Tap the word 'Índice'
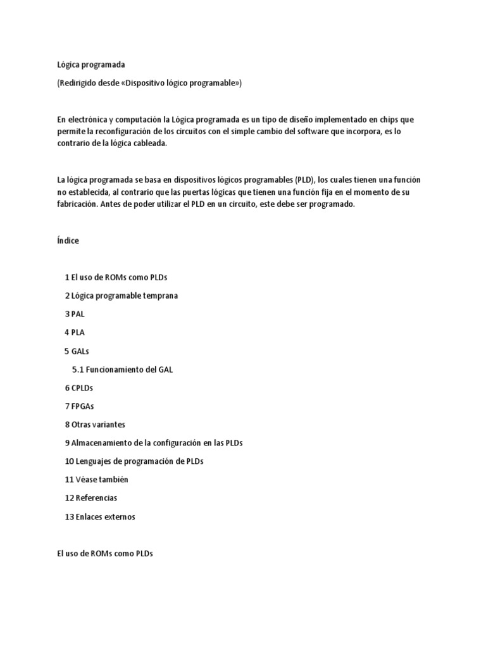coord(68,241)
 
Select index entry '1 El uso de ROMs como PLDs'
coord(116,278)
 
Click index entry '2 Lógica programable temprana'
coord(121,296)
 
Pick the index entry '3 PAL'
coord(74,315)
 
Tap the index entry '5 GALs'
coord(77,351)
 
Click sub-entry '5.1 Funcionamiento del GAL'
coord(122,370)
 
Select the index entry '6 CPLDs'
coord(78,388)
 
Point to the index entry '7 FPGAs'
coord(79,406)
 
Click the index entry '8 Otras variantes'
coord(95,425)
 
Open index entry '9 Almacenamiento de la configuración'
coord(153,443)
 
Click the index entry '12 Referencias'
coord(90,498)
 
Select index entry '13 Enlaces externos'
coord(100,517)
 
